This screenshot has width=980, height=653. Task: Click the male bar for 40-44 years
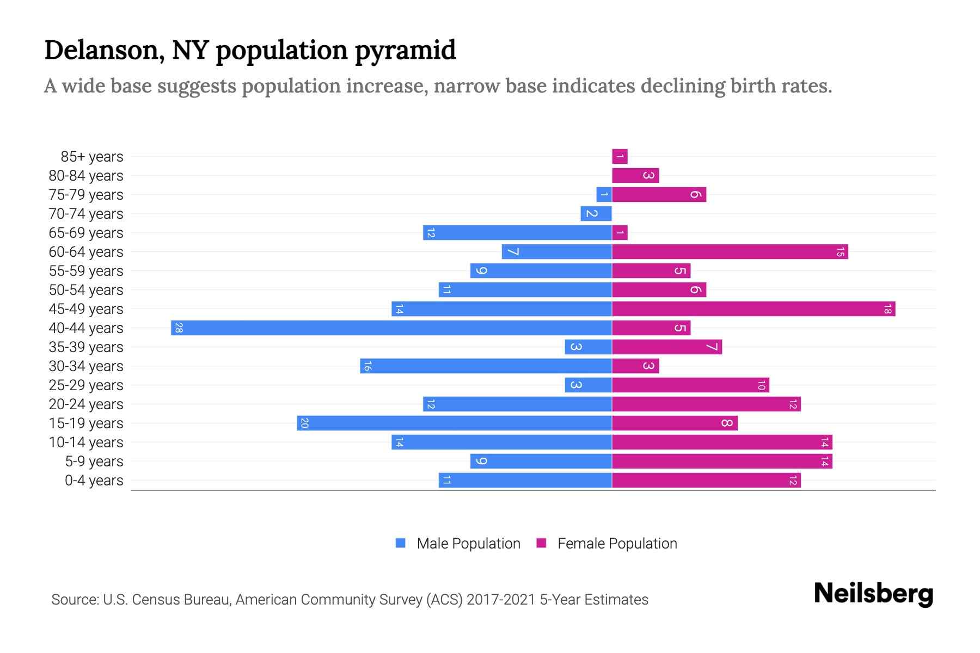391,328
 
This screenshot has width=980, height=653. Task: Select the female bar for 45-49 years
754,309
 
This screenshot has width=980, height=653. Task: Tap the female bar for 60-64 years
730,252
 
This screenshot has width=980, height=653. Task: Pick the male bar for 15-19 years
455,423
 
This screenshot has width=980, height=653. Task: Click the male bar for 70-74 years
596,214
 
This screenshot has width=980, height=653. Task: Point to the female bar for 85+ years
620,157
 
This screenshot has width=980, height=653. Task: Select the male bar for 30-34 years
486,366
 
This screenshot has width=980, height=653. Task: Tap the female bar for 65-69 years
620,233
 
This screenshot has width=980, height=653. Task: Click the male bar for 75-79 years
604,195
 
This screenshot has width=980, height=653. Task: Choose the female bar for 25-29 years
690,385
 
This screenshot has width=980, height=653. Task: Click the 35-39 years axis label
86,347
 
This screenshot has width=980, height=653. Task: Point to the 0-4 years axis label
94,480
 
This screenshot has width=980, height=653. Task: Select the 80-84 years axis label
86,176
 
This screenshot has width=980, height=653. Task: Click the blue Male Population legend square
401,543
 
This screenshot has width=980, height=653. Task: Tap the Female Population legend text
617,544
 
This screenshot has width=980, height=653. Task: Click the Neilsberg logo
873,594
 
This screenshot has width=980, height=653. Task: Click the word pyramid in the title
405,50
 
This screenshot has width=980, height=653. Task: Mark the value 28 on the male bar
179,328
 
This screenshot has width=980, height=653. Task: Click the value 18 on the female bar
887,309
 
